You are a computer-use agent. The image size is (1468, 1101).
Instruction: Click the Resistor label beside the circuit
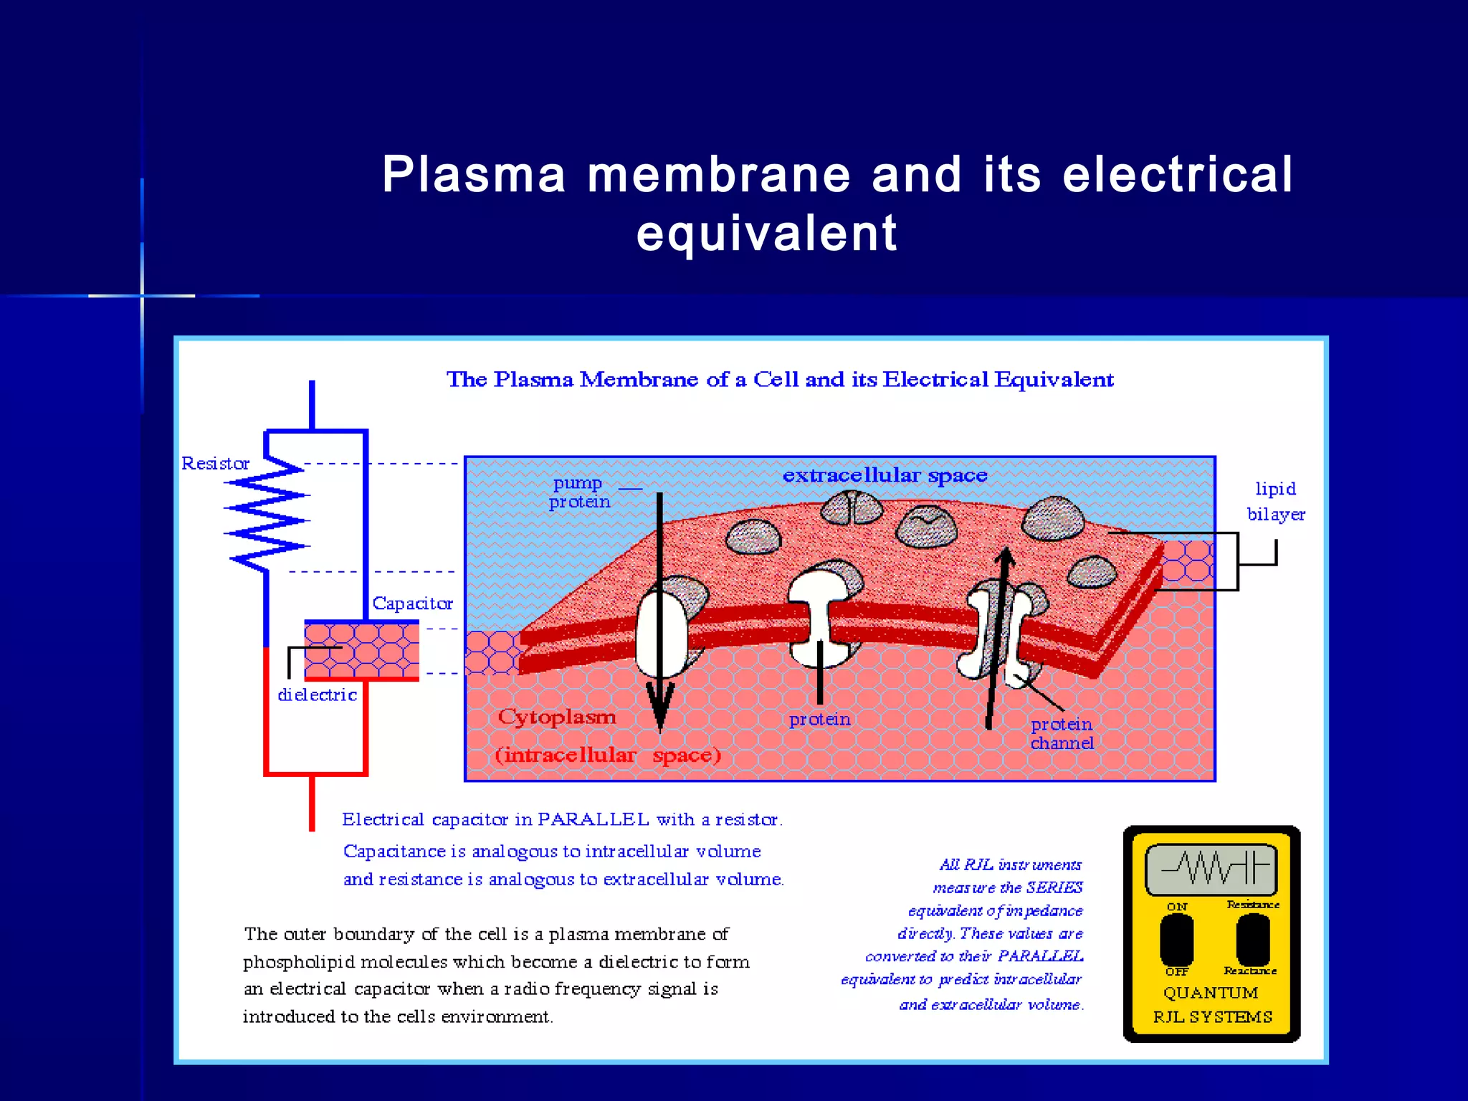pos(215,464)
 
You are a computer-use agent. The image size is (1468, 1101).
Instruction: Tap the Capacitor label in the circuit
pos(412,604)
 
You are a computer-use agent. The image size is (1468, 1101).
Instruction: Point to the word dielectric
pos(317,695)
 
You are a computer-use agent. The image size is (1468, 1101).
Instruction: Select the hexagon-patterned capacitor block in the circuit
pos(361,649)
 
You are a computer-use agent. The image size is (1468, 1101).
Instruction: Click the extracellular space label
pos(885,475)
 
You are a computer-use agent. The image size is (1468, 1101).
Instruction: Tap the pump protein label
pos(578,492)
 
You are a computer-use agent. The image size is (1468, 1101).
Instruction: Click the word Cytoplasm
pos(557,717)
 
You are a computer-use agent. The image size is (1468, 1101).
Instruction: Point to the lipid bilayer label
pos(1275,501)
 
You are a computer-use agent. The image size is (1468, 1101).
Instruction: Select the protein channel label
pos(1062,733)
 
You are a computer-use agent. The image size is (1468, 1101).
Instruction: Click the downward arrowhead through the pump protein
pos(660,706)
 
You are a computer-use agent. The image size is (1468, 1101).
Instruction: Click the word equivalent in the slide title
pos(766,234)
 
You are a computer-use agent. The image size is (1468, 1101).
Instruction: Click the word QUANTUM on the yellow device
pos(1210,993)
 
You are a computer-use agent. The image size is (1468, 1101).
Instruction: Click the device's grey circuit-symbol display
pos(1211,869)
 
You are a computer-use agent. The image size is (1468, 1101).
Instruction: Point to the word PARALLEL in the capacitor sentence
pos(593,819)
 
